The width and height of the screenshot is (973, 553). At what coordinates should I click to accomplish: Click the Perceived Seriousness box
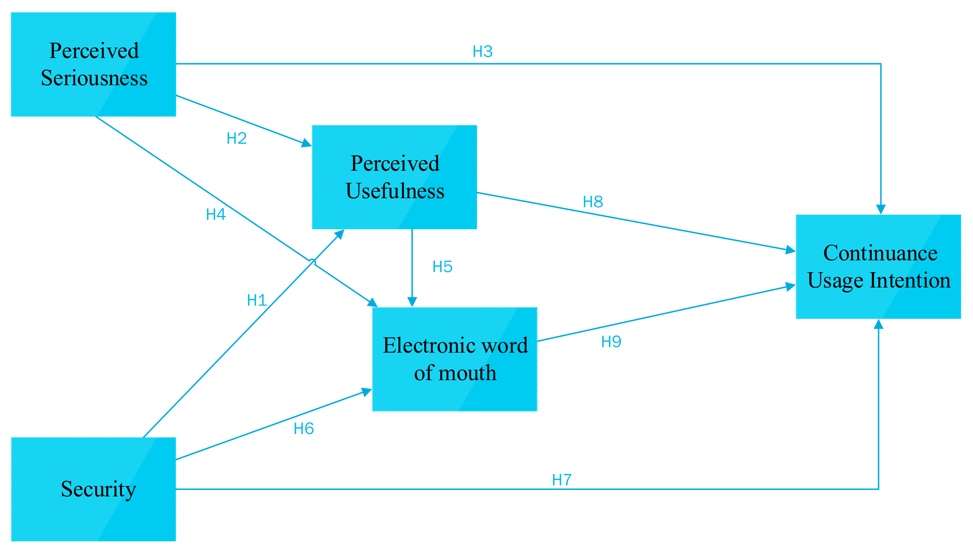pos(93,64)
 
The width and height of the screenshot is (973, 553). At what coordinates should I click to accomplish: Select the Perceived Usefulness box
pos(394,177)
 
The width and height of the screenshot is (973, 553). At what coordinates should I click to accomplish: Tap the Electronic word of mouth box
pos(455,359)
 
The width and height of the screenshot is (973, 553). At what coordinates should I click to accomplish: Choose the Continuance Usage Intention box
pos(878,266)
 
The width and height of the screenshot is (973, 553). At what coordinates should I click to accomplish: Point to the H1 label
pos(257,300)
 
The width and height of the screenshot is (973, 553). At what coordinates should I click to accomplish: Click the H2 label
pos(236,138)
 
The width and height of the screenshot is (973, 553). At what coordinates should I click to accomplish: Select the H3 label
pos(482,52)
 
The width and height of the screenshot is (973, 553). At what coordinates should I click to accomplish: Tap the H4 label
pos(216,215)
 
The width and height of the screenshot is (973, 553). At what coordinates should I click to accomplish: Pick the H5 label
pos(442,267)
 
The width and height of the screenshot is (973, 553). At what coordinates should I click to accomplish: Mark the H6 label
pos(303,429)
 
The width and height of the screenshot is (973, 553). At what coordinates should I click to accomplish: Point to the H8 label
pos(593,202)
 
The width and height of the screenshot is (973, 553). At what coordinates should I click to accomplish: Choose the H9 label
pos(611,341)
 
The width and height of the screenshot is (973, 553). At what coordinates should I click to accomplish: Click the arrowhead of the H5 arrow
pos(412,302)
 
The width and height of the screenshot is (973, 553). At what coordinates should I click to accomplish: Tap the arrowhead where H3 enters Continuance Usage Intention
pos(881,210)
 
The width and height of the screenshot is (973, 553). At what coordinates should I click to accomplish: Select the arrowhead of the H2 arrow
pos(307,143)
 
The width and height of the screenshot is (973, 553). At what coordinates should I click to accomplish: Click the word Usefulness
pos(395,191)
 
